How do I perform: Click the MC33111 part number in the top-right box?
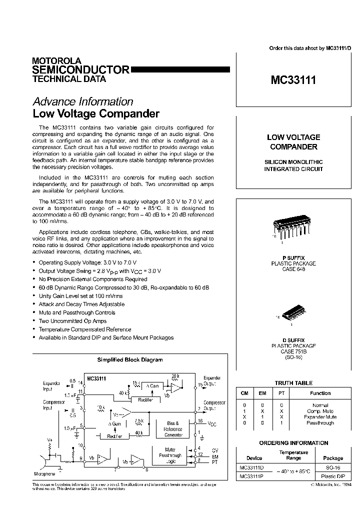click(293, 80)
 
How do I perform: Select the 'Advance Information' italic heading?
click(82, 102)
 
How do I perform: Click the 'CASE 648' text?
click(293, 268)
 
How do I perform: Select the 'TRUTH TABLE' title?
click(293, 383)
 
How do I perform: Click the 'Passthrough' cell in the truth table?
click(320, 423)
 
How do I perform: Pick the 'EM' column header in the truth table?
click(262, 393)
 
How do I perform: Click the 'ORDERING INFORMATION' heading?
click(293, 443)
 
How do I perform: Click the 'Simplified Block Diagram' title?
click(129, 359)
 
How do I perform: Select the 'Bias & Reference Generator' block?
click(173, 429)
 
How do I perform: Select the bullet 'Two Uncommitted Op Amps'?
click(72, 321)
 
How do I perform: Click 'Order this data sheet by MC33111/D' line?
click(310, 48)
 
